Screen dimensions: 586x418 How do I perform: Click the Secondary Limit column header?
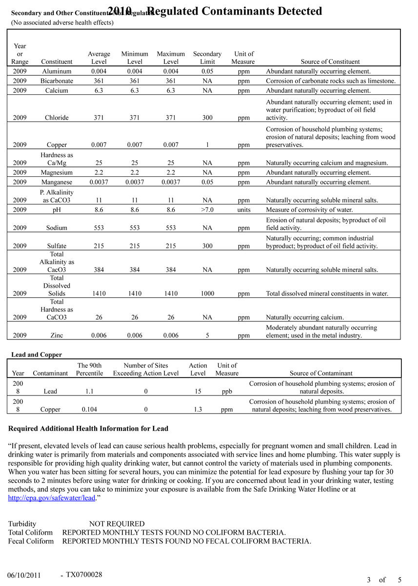[x=207, y=58]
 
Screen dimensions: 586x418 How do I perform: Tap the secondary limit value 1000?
[x=207, y=293]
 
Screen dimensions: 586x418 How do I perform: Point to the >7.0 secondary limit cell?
[x=207, y=209]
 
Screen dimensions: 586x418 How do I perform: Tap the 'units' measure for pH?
[x=243, y=209]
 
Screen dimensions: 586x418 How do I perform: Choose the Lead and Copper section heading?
[x=37, y=355]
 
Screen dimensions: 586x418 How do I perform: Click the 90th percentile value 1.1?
[x=89, y=391]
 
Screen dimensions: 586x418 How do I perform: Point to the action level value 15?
[x=198, y=391]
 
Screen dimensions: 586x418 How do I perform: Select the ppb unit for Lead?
[x=227, y=391]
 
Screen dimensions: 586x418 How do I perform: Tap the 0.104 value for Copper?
[x=89, y=410]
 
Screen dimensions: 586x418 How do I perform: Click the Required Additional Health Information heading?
[x=88, y=429]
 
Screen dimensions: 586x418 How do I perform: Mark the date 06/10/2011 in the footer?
[x=24, y=575]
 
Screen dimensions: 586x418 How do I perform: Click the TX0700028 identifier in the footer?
[x=84, y=574]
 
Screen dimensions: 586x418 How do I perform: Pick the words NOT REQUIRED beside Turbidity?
[x=117, y=523]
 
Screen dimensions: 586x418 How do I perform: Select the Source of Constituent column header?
[x=330, y=62]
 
